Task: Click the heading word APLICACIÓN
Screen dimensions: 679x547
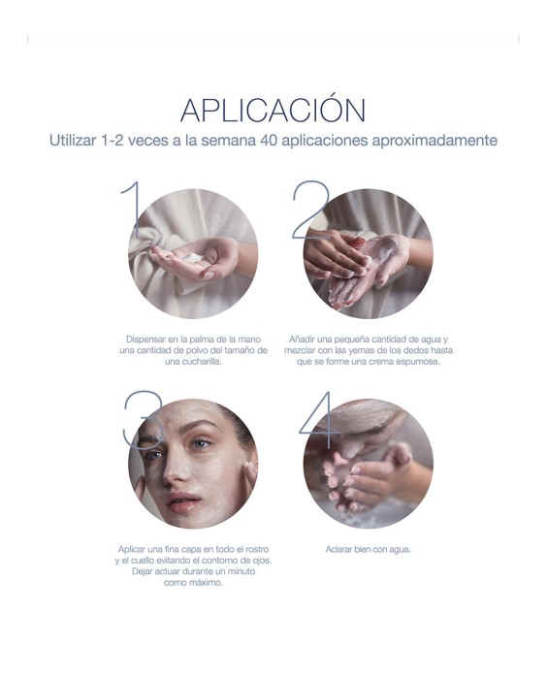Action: point(273,109)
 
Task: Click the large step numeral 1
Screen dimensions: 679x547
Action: point(132,210)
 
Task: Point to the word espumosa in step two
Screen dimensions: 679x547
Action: point(419,361)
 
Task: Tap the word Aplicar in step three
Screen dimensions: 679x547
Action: point(134,549)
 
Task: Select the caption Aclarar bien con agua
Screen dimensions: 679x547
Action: point(368,550)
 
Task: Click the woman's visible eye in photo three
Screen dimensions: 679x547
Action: point(201,444)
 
